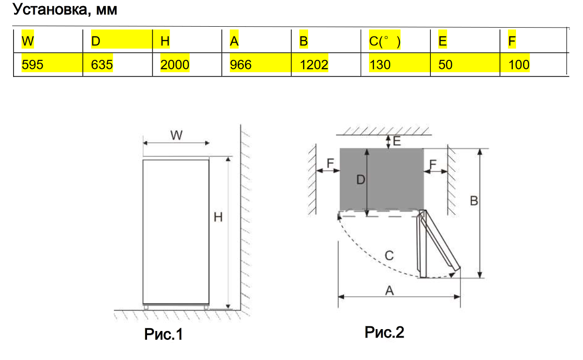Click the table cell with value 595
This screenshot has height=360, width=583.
pyautogui.click(x=32, y=65)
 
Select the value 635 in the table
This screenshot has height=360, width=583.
pyautogui.click(x=102, y=65)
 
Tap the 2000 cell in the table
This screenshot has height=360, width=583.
pyautogui.click(x=175, y=65)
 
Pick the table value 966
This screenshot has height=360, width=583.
pyautogui.click(x=241, y=65)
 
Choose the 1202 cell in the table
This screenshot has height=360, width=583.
pyautogui.click(x=314, y=65)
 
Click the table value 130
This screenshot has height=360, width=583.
pyautogui.click(x=380, y=65)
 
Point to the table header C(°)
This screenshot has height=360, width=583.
pyautogui.click(x=384, y=42)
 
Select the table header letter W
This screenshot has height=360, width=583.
pyautogui.click(x=28, y=41)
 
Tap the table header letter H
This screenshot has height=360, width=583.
pyautogui.click(x=165, y=41)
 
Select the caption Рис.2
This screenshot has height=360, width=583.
pyautogui.click(x=384, y=332)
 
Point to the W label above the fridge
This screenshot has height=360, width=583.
pyautogui.click(x=176, y=135)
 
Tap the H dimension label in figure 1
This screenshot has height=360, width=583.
pyautogui.click(x=218, y=217)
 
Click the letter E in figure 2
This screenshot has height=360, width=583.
pyautogui.click(x=397, y=140)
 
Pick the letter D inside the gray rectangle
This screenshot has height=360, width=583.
pyautogui.click(x=360, y=179)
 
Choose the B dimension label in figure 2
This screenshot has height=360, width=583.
pyautogui.click(x=474, y=200)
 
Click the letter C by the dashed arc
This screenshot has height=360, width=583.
pyautogui.click(x=389, y=256)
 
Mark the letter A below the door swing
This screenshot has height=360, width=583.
pyautogui.click(x=389, y=291)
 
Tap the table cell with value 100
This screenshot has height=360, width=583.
pyautogui.click(x=519, y=65)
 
